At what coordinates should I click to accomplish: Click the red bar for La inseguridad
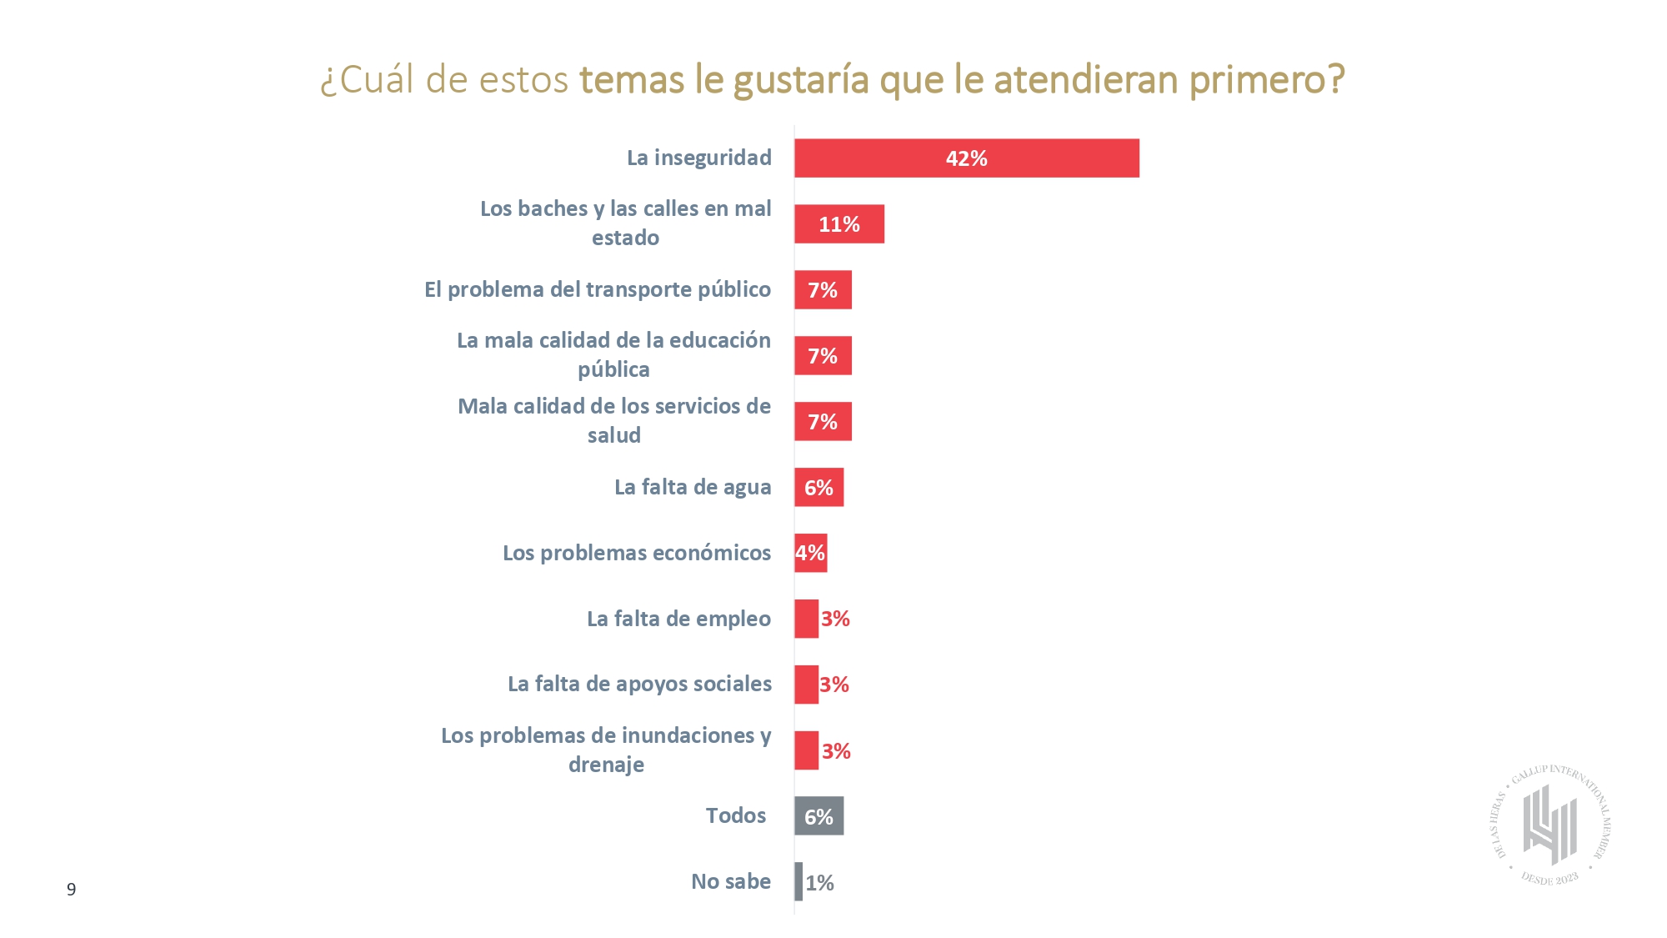coord(966,158)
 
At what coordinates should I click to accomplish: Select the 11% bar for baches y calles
coord(839,223)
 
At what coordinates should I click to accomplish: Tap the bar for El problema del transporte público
coord(823,289)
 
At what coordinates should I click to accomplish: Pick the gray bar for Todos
coord(818,815)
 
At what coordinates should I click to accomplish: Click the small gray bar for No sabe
coord(798,881)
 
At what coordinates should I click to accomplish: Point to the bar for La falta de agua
coord(818,487)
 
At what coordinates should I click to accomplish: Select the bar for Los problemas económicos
coord(810,553)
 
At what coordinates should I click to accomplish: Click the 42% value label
coord(966,158)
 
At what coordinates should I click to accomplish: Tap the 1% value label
coord(820,883)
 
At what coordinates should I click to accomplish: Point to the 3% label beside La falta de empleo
coord(835,619)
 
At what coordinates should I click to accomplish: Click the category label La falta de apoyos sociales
coord(639,684)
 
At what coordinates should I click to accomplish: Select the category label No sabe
coord(731,881)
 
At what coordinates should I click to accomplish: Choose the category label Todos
coord(735,815)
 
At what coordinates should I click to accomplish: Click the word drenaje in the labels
coord(606,765)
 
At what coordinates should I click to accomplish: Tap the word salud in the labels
coord(614,435)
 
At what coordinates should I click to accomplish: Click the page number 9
coord(72,889)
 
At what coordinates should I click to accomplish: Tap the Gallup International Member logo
coord(1549,825)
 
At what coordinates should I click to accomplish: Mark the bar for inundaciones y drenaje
coord(806,750)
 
